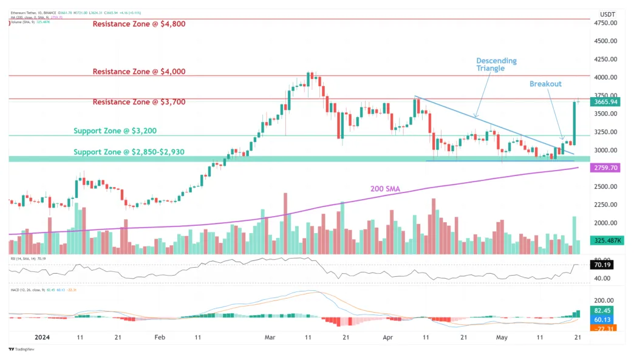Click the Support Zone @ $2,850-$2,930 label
pyautogui.click(x=137, y=152)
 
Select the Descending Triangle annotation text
pyautogui.click(x=496, y=64)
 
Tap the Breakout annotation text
pyautogui.click(x=545, y=84)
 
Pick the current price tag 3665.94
pyautogui.click(x=605, y=102)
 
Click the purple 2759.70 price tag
pyautogui.click(x=605, y=168)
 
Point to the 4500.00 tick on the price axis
pyautogui.click(x=605, y=41)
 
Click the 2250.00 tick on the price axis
pyautogui.click(x=605, y=205)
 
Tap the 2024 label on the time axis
pyautogui.click(x=41, y=337)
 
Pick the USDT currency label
pyautogui.click(x=607, y=14)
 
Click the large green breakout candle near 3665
pyautogui.click(x=574, y=124)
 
